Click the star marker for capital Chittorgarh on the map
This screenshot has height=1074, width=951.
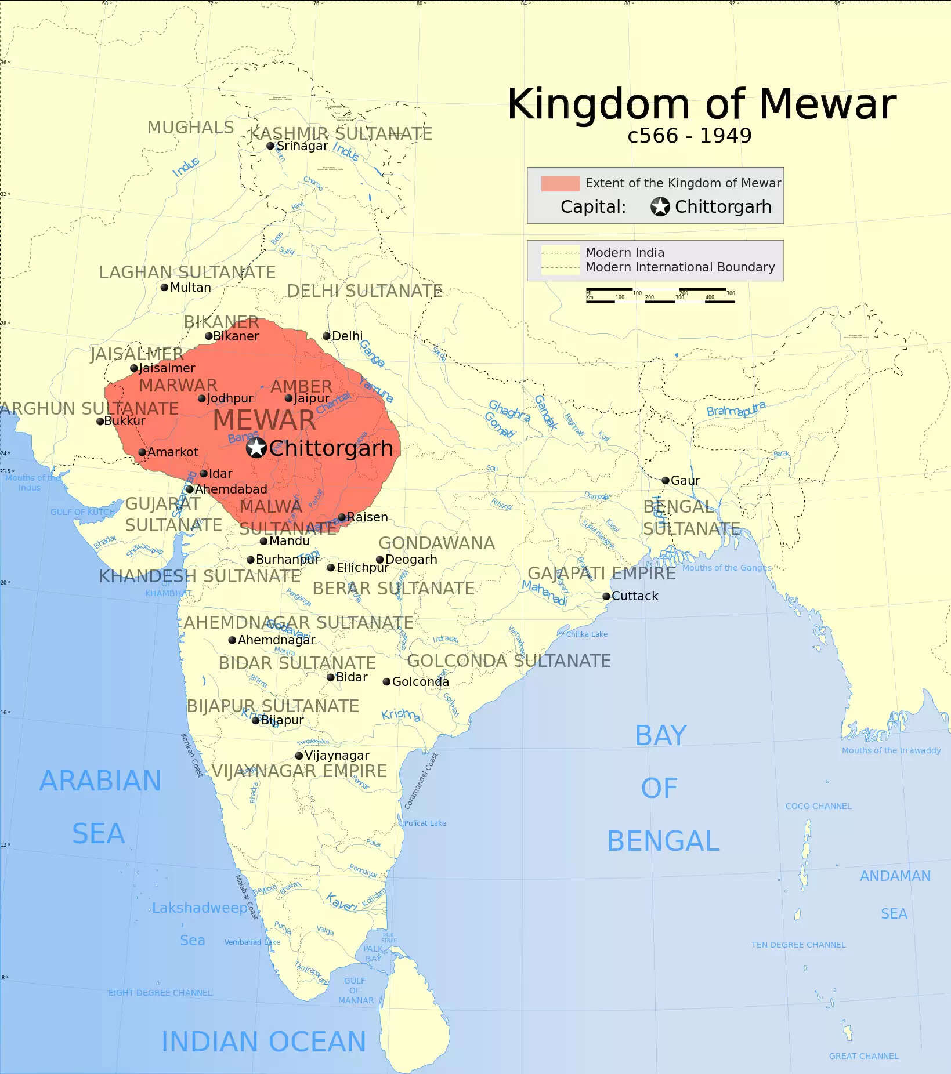tap(256, 448)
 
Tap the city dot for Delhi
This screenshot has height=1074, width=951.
tap(327, 336)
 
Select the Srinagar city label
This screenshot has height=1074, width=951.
tap(302, 146)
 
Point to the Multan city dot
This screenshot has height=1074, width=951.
tap(165, 287)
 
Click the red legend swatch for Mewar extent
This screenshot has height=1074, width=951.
tap(560, 183)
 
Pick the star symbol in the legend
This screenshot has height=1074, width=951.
tap(660, 206)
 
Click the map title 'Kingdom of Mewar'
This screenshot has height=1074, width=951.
tap(702, 104)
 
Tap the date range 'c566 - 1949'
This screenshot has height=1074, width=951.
tap(689, 136)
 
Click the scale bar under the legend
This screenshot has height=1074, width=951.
tap(660, 295)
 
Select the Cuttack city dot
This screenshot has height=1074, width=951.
tap(606, 596)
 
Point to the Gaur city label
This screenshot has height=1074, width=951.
tap(685, 480)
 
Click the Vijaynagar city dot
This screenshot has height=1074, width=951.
tap(299, 756)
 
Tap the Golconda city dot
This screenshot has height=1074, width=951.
tap(386, 681)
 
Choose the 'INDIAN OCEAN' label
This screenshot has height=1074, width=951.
tap(263, 1042)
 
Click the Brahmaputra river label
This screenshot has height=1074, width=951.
tap(736, 409)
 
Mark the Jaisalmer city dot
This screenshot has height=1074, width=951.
tap(134, 368)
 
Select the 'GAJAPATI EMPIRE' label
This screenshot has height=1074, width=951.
tap(602, 573)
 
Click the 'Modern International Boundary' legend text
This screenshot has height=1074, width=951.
tap(680, 267)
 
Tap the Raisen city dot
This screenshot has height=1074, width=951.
tap(342, 517)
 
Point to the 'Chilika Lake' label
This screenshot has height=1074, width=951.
tap(587, 634)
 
